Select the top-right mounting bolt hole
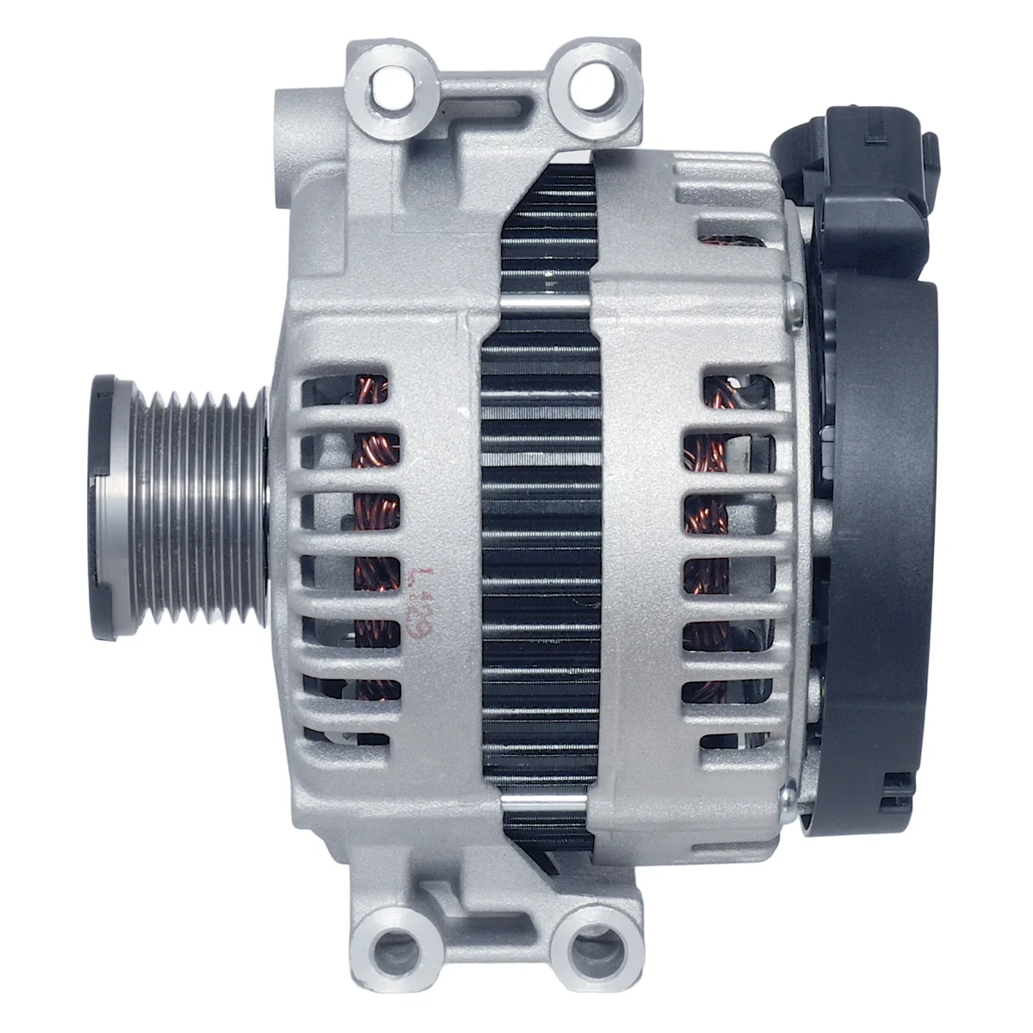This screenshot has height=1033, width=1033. click(x=592, y=86)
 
